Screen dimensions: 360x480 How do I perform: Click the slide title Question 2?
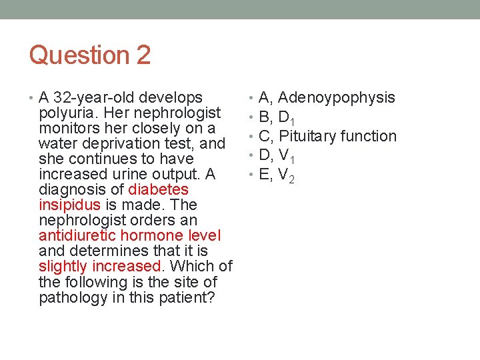pyautogui.click(x=90, y=55)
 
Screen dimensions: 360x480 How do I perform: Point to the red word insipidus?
pyautogui.click(x=70, y=205)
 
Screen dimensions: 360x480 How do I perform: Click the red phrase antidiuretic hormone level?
pyautogui.click(x=130, y=235)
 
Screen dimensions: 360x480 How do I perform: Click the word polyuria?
pyautogui.click(x=65, y=113)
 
